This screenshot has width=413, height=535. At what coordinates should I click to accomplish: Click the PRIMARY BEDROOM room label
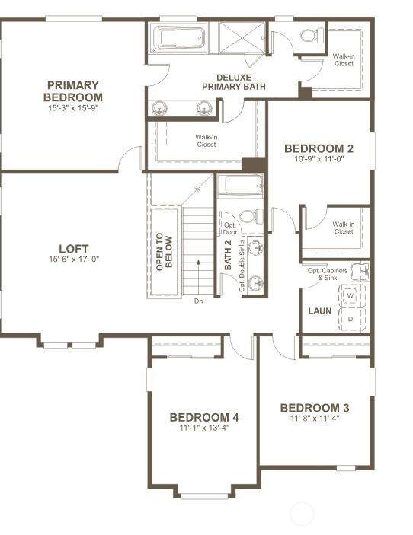coord(72,91)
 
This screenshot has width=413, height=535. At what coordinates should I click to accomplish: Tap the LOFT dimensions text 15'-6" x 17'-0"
coord(74,260)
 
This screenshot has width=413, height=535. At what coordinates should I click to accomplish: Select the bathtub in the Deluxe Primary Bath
coord(179,37)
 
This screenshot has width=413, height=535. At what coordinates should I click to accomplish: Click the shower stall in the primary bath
coord(242,37)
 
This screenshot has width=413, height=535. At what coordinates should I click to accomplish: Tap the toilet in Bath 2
coord(251,216)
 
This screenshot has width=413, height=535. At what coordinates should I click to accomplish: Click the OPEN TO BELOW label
coord(165,252)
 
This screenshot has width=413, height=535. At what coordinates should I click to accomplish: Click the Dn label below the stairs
coord(198,301)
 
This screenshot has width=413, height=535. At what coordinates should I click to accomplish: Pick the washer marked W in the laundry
coord(350,295)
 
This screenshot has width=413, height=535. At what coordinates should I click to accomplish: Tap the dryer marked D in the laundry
coord(351,319)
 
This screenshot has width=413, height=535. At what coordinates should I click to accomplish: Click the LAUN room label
coord(320,310)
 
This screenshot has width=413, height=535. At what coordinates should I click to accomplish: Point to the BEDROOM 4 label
coord(204,417)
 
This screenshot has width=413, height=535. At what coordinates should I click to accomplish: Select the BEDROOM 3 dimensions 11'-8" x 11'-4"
coord(315,419)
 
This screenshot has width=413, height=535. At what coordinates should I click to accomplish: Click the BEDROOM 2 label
coord(319,148)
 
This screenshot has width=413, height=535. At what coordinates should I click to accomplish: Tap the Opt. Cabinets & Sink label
coord(328,274)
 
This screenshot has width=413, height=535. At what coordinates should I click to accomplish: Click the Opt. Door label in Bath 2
coord(230,228)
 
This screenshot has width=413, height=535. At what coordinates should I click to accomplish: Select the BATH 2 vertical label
coord(228,255)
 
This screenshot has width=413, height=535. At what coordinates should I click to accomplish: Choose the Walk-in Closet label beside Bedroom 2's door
coord(344,228)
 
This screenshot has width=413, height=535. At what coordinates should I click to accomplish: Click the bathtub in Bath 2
coord(240,185)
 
